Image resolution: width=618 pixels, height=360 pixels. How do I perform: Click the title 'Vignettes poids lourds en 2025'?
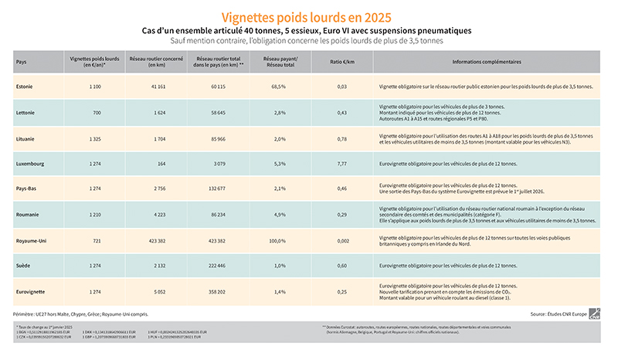point(306,16)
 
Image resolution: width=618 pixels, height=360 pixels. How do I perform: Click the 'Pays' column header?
point(22,62)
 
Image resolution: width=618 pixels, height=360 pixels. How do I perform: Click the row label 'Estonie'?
point(25,87)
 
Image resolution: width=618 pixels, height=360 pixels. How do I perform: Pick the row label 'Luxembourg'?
point(30,164)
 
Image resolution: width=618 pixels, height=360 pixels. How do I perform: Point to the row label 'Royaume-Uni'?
point(32,240)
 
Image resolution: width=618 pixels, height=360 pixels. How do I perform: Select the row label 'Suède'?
point(23,266)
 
